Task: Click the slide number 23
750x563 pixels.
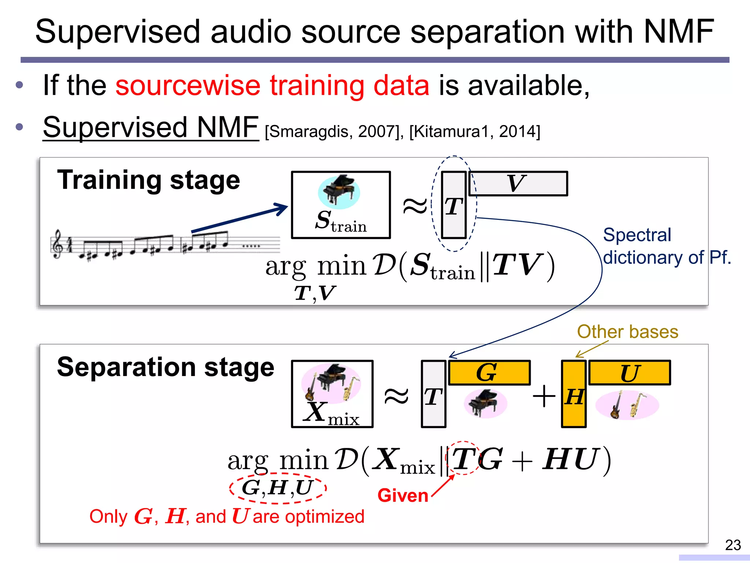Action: point(733,545)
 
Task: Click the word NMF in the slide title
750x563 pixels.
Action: point(679,32)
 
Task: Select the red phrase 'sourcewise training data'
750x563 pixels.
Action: point(272,85)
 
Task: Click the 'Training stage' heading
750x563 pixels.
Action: point(148,180)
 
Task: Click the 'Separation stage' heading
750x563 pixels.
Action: point(166,367)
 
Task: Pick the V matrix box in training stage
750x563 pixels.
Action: point(518,183)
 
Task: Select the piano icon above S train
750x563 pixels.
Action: point(339,191)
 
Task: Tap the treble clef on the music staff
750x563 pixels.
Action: point(58,244)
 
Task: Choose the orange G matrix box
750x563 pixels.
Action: point(489,373)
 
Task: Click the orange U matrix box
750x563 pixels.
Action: point(630,373)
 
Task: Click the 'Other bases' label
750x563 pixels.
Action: point(627,332)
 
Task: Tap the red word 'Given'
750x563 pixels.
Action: point(403,496)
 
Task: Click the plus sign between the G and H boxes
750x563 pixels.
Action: point(544,396)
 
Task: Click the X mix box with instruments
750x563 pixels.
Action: point(332,394)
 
